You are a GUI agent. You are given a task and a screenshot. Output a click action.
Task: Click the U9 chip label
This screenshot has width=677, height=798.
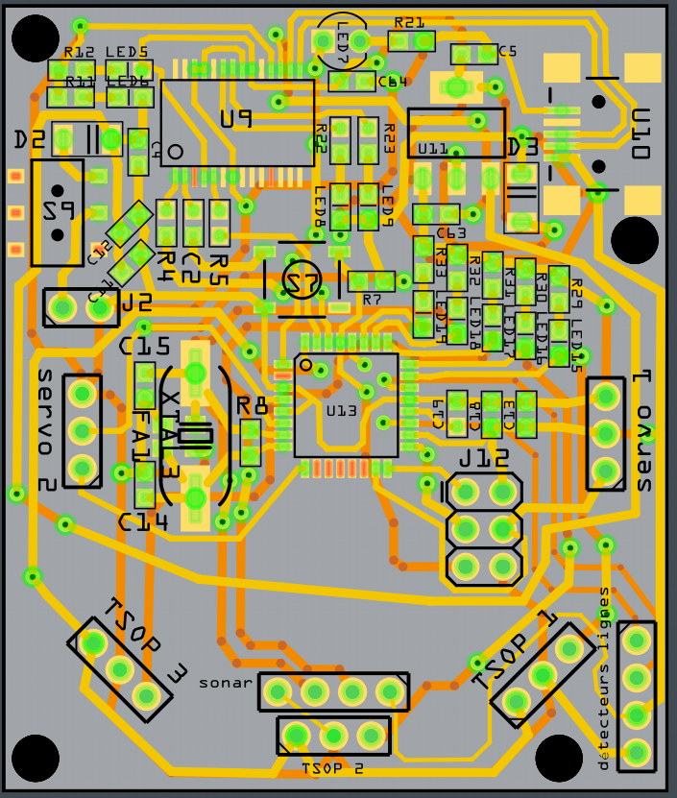click(x=235, y=118)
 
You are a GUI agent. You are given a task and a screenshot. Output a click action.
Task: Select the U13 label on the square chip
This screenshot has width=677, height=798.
click(x=341, y=410)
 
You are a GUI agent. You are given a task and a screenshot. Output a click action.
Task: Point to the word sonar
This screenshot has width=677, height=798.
click(x=226, y=684)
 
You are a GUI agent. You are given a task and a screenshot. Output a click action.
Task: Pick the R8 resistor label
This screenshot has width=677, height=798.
click(x=252, y=405)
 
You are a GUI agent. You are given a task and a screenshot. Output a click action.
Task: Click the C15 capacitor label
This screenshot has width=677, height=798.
click(x=144, y=347)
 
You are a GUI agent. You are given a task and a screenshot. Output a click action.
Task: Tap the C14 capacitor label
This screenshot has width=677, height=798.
click(x=143, y=521)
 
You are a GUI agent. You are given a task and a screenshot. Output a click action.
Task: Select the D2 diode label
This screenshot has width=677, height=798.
click(x=29, y=140)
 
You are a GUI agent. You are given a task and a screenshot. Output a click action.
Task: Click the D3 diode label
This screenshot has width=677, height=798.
click(x=521, y=147)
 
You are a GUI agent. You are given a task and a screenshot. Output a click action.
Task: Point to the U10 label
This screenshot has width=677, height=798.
click(x=641, y=133)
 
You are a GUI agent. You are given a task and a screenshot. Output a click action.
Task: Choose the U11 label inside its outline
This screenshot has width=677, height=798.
click(x=433, y=149)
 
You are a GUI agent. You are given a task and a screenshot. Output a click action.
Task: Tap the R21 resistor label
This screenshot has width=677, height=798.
click(x=409, y=22)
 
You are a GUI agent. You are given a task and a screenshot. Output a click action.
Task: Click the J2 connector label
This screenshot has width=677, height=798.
click(x=135, y=304)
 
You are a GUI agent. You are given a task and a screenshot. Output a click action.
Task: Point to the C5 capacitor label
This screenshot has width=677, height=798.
click(x=507, y=52)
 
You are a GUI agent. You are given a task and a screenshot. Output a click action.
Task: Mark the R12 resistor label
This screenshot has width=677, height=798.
click(x=79, y=52)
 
